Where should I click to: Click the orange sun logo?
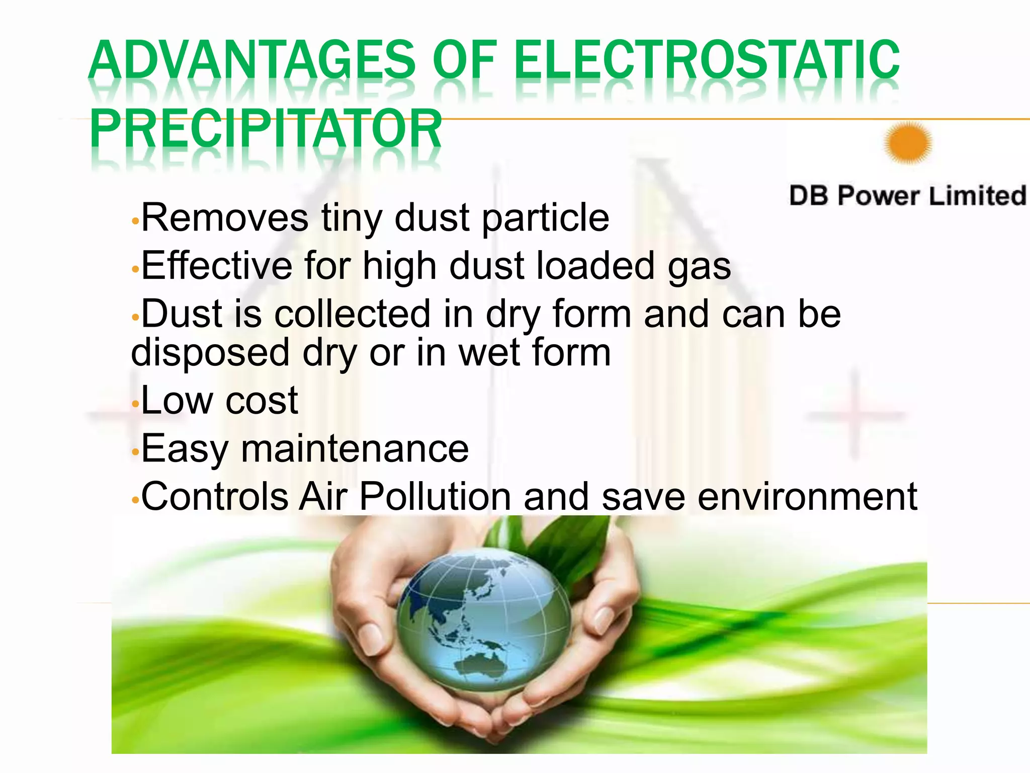908,143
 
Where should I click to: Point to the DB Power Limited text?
907,196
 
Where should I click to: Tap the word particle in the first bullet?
545,218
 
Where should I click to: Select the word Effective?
217,266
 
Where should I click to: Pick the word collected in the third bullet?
352,314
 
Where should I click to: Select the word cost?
262,401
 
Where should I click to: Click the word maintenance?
355,448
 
